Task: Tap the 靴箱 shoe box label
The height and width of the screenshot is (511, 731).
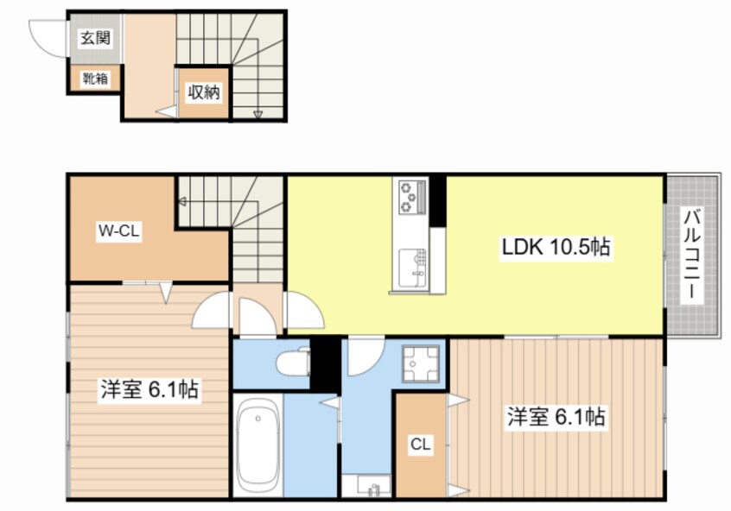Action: click(x=95, y=79)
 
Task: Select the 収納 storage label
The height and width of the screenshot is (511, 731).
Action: click(x=204, y=92)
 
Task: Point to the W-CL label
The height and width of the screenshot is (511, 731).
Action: click(x=118, y=230)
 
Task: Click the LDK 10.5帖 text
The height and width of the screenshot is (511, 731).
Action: click(x=556, y=248)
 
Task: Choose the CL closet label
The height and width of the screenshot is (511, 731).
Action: click(x=420, y=445)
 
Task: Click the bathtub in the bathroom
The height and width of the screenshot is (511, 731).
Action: click(x=257, y=445)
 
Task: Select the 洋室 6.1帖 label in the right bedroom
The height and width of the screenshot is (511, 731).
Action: click(x=556, y=417)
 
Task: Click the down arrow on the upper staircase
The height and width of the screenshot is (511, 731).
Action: click(x=257, y=113)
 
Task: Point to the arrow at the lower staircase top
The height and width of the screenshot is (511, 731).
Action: click(x=183, y=201)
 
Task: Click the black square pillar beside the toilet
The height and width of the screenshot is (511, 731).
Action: click(x=325, y=363)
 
